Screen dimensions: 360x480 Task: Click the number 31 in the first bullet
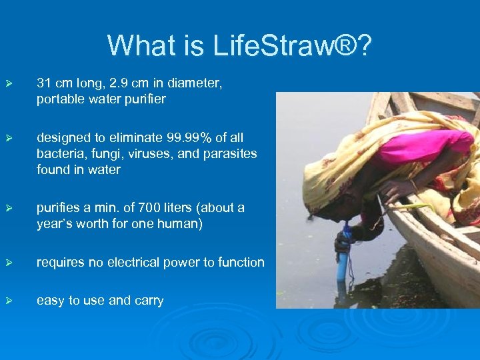coord(44,83)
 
